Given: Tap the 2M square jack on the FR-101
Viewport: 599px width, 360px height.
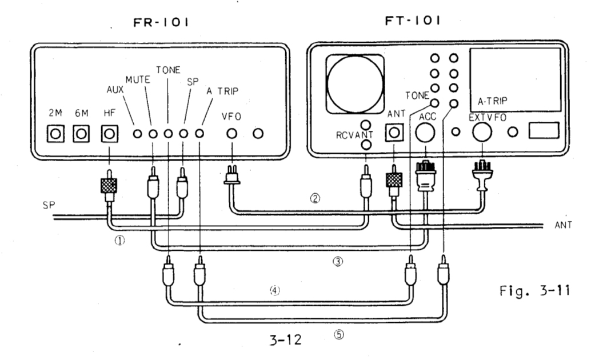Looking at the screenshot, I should [55, 134].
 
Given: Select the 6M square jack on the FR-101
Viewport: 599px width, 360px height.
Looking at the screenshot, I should [81, 134].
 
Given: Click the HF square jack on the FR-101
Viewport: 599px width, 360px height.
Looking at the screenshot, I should [109, 134].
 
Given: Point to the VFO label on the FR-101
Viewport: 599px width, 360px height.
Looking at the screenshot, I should [231, 114].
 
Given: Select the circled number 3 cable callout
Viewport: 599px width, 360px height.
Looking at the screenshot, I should [337, 262].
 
